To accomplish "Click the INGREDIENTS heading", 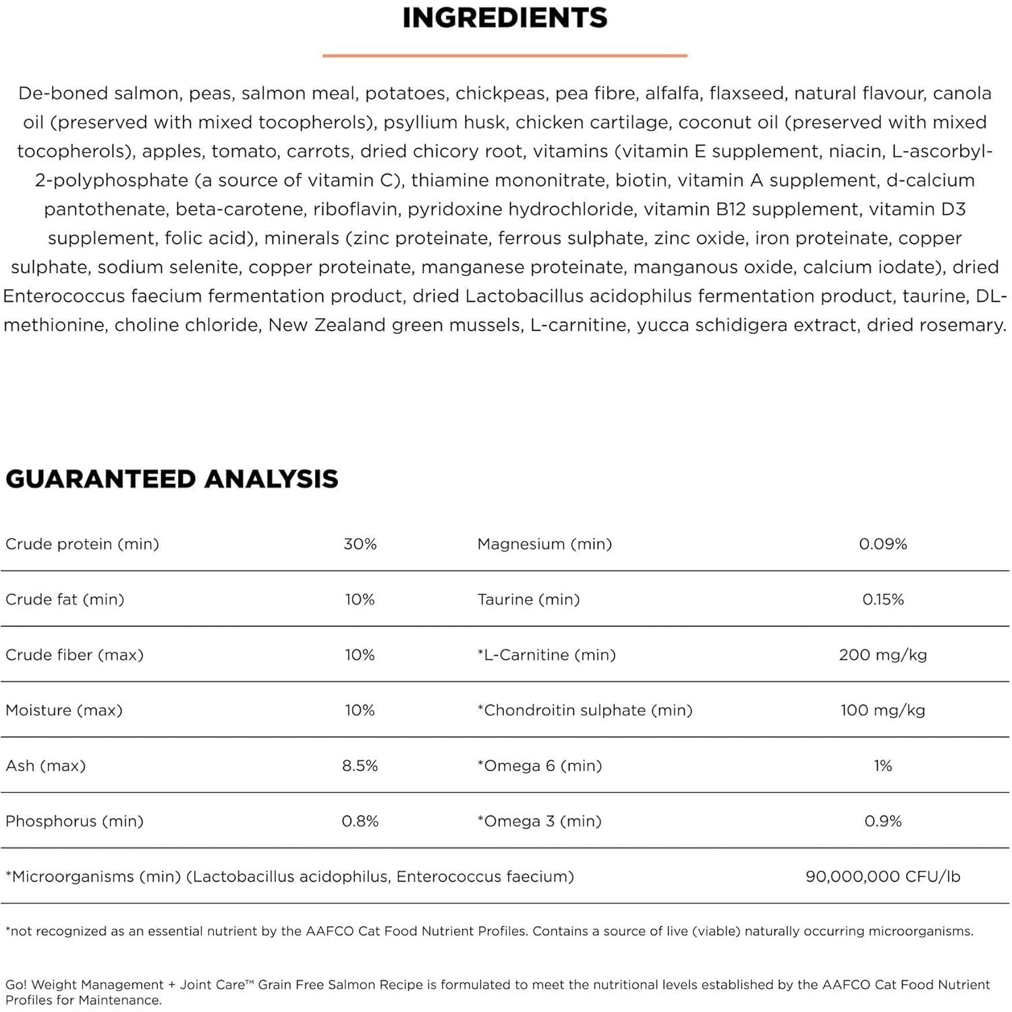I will (505, 18).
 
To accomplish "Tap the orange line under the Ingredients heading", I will (505, 55).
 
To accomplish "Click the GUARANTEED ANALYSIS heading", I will (172, 479).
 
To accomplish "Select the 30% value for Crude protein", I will (360, 544).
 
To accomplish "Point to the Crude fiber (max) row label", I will (74, 655).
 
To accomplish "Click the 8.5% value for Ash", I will (360, 766).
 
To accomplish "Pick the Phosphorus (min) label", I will (74, 821).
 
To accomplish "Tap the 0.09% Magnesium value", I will (882, 544).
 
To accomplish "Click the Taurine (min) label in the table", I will (528, 600).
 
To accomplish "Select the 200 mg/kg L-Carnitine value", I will (882, 655).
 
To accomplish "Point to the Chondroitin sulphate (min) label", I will (585, 710).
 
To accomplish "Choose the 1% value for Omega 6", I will (882, 766).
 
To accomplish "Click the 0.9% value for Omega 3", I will (882, 821).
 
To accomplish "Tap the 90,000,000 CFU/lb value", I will (882, 876).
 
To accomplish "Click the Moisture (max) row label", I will (64, 710).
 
